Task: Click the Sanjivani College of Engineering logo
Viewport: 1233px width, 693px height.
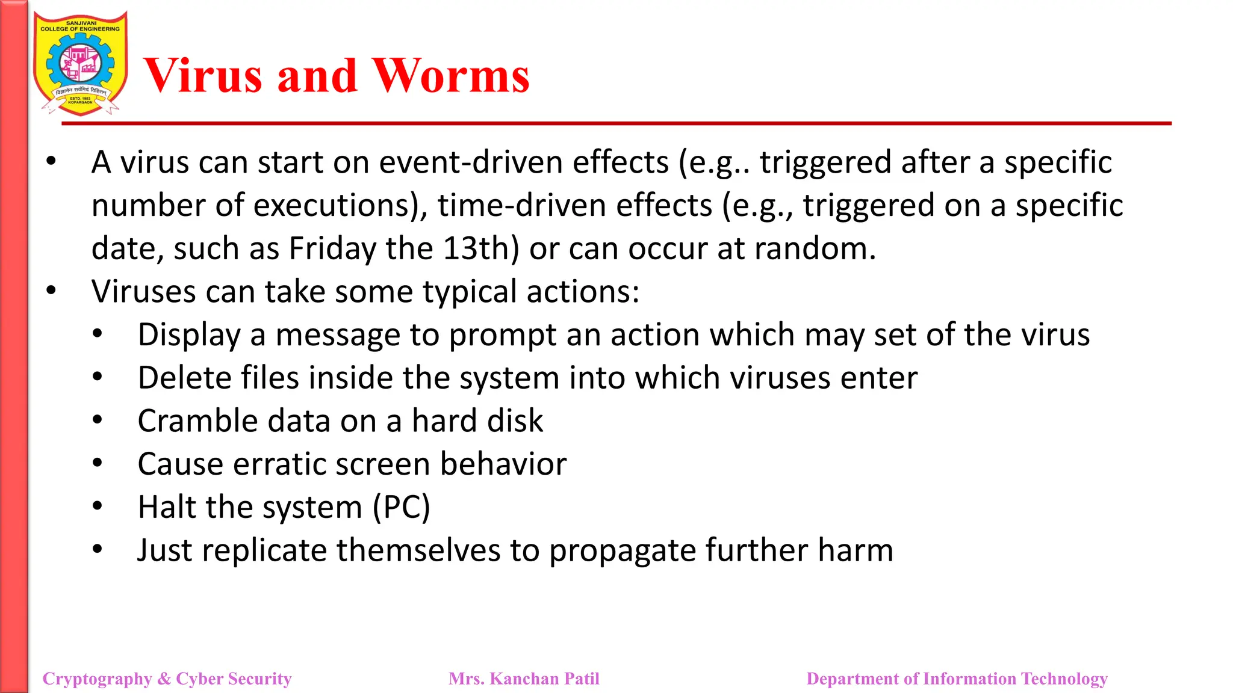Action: [x=80, y=63]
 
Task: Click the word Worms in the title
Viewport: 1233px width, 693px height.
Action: [x=450, y=76]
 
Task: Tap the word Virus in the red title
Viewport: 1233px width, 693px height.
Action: [x=203, y=76]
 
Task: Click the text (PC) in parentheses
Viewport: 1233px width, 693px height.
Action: [x=401, y=507]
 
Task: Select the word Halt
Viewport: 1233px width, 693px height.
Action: [x=167, y=507]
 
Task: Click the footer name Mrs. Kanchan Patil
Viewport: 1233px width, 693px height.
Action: [x=524, y=679]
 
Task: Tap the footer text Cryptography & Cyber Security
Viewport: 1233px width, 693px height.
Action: [x=167, y=679]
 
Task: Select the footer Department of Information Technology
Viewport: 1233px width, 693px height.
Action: [x=957, y=679]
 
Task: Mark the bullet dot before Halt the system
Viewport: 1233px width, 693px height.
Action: [x=98, y=506]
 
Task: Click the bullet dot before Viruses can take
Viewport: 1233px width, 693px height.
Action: [x=51, y=291]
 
